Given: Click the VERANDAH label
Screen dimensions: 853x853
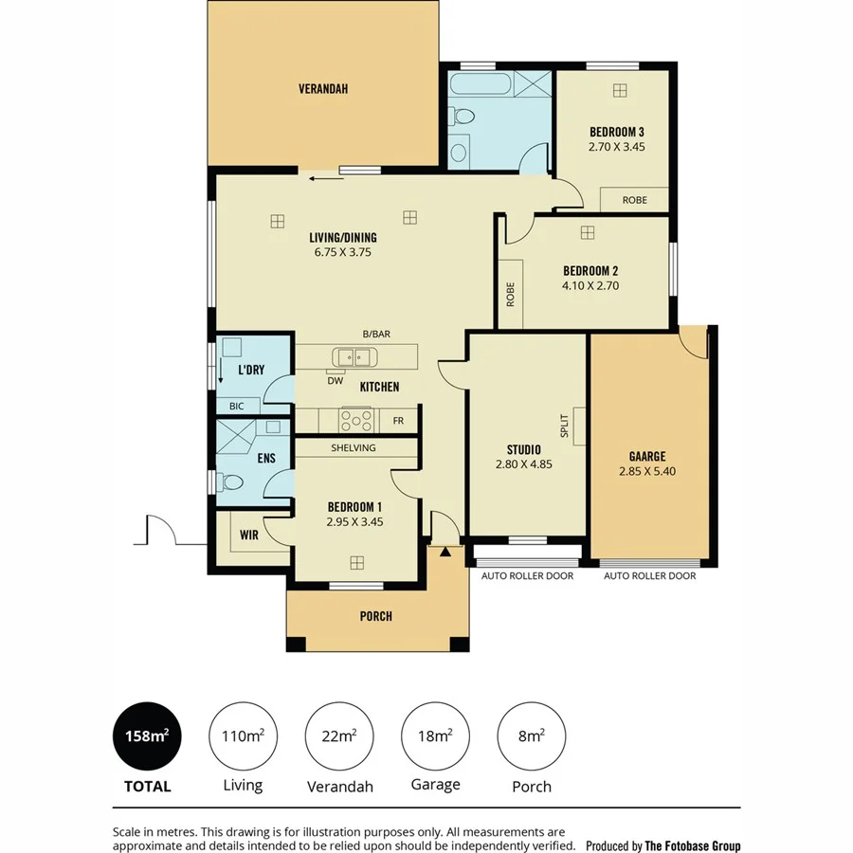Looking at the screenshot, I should pos(323,89).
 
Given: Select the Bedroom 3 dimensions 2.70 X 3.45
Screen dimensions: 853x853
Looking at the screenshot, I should pos(617,147).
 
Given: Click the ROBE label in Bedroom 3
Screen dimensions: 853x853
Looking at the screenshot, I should pos(634,200).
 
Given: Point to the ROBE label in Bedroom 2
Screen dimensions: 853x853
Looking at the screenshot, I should pos(510,293).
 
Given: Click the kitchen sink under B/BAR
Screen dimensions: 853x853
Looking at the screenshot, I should pos(354,357).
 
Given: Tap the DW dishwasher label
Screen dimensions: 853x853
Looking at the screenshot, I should pos(335,381).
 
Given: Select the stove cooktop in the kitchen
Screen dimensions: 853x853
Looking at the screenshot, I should pos(356,419).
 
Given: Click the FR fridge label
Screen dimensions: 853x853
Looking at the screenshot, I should pos(398,420).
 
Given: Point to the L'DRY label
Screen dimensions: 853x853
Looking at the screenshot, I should pos(250,370).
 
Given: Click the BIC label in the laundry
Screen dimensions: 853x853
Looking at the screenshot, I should pos(236,406).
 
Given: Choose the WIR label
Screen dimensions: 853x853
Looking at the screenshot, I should pos(248,535).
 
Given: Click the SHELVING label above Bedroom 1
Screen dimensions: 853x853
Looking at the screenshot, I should pos(354,447).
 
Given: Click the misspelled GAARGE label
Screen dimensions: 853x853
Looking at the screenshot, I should pos(647,456).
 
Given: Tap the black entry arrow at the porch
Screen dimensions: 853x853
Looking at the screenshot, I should pos(445,551).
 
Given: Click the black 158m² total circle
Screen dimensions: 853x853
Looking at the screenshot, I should pos(147,735).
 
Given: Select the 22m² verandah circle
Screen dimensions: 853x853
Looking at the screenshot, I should pos(339,735).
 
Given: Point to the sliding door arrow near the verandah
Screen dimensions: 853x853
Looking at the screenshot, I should pos(325,177).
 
